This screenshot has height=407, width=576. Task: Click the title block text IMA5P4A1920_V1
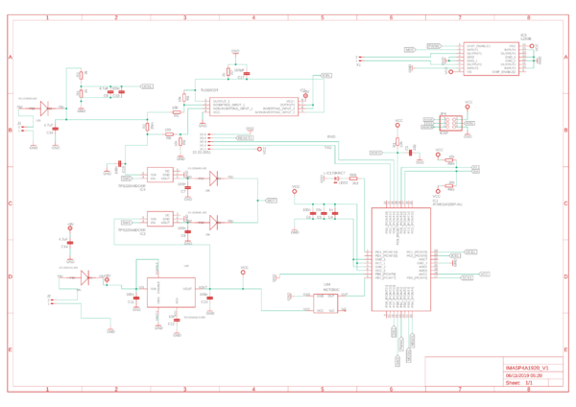click(527, 367)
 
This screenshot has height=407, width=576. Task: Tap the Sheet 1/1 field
click(519, 382)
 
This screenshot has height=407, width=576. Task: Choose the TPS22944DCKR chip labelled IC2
click(158, 219)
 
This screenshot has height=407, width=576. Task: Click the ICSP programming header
click(449, 122)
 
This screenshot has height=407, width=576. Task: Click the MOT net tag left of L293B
click(409, 49)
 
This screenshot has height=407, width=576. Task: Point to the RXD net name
click(331, 137)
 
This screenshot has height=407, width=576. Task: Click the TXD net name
click(327, 148)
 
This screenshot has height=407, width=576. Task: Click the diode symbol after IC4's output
click(214, 178)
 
